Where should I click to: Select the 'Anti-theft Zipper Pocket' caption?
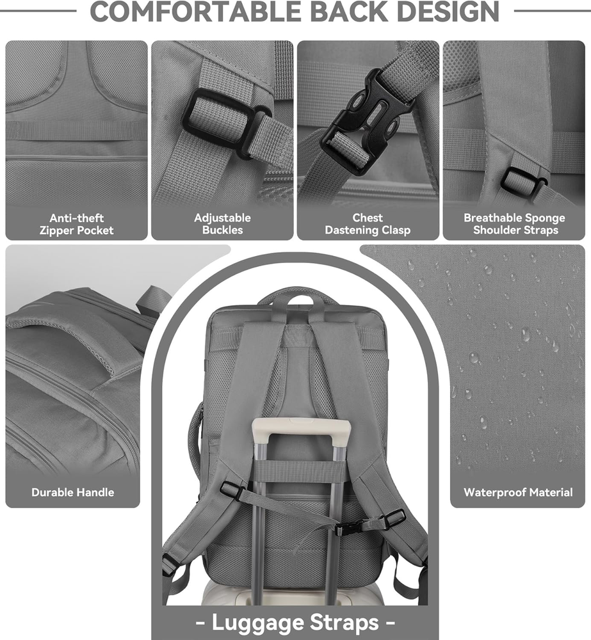click(x=76, y=224)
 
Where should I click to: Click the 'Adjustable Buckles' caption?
click(x=222, y=224)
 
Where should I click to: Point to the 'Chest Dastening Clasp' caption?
click(x=368, y=224)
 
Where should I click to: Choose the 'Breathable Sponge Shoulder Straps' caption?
click(x=515, y=224)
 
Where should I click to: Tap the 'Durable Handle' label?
click(x=73, y=492)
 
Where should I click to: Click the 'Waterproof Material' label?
click(x=518, y=492)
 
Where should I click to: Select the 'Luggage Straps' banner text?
click(x=295, y=623)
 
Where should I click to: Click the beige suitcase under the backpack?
click(x=294, y=592)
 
